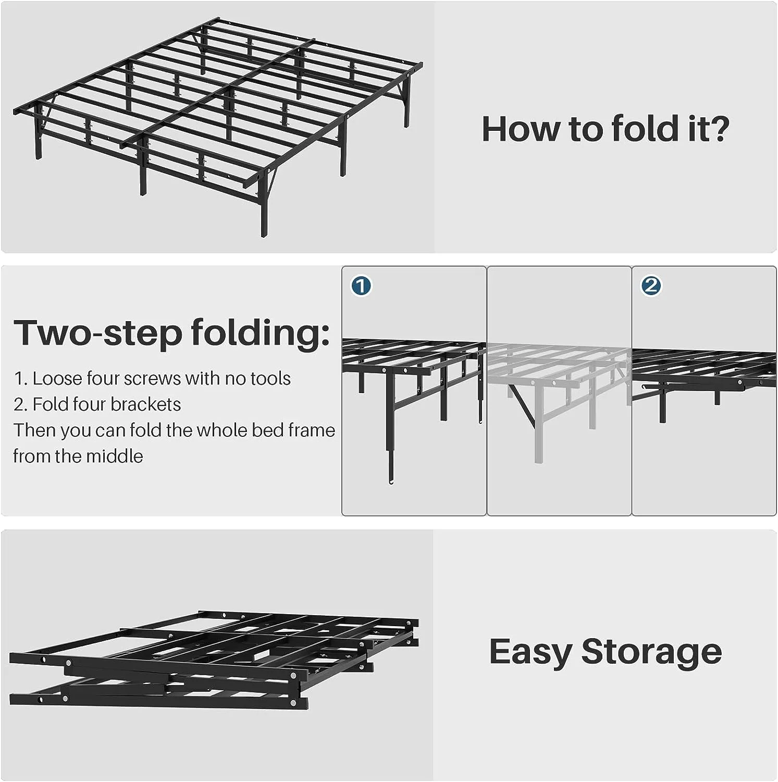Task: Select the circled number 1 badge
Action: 361,286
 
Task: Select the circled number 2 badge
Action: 651,286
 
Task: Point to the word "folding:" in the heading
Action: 260,333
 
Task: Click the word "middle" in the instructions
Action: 116,456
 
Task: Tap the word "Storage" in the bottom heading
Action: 651,651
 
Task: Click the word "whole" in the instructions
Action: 221,431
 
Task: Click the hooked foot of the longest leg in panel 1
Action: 391,479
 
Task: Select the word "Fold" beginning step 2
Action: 49,405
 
